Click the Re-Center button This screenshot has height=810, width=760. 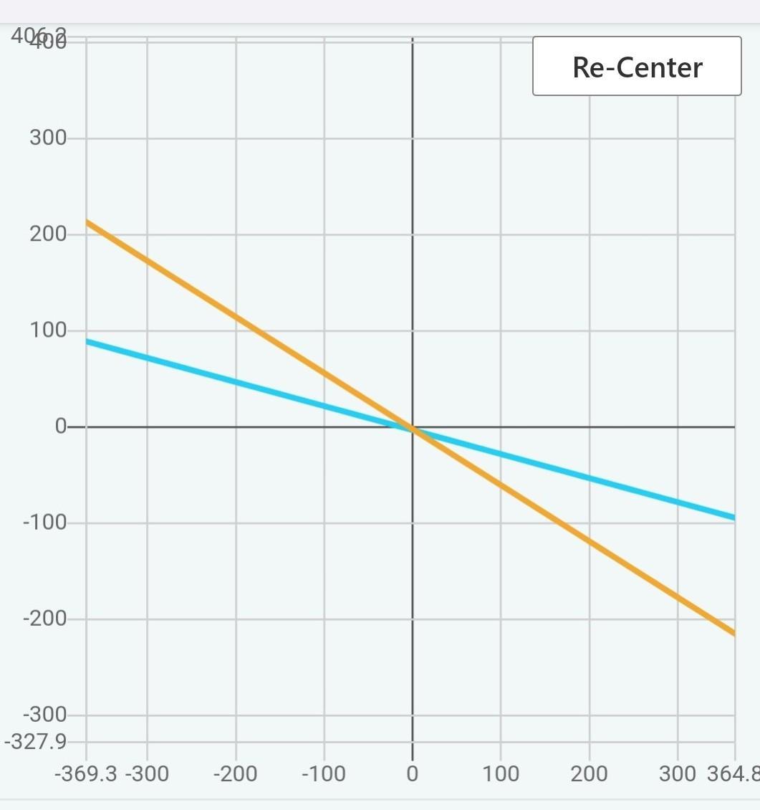[637, 67]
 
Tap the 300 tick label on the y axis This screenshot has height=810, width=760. [48, 138]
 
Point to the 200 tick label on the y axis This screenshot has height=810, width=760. [48, 234]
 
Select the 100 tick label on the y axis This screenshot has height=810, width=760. [48, 330]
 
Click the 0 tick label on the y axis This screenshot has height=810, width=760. [61, 427]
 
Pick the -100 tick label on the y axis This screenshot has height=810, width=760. [44, 523]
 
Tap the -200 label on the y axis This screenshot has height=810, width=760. [44, 618]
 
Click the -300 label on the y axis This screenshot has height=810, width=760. [44, 715]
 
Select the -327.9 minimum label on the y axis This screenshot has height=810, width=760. [36, 741]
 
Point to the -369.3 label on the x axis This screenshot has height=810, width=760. [86, 774]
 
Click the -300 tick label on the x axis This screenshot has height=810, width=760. [147, 774]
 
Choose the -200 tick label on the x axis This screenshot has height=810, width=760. [235, 774]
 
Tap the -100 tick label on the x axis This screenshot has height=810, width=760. [324, 774]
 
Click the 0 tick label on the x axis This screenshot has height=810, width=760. [412, 774]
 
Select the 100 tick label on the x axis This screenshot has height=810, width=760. [500, 774]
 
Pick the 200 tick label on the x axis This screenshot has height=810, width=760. [589, 774]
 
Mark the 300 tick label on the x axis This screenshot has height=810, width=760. [677, 774]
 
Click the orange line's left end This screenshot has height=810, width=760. [88, 223]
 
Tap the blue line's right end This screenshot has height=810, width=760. [733, 517]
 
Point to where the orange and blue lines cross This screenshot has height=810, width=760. [413, 430]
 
